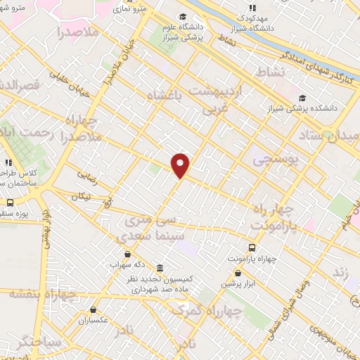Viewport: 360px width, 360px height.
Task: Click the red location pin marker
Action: (x=181, y=165)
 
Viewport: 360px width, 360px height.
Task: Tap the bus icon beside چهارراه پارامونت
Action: (x=252, y=247)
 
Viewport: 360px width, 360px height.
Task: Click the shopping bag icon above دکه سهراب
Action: (x=127, y=254)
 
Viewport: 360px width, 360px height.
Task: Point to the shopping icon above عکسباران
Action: (x=94, y=309)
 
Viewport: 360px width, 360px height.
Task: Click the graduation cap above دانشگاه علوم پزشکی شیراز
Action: (x=183, y=17)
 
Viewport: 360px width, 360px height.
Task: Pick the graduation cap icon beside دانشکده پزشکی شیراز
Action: (x=302, y=98)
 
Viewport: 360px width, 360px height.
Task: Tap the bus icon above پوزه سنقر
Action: (x=10, y=202)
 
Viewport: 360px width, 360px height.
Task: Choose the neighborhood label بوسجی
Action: (x=275, y=160)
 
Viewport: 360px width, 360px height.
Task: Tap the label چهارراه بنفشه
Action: (x=42, y=293)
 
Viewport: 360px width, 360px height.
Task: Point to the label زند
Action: (x=341, y=271)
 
